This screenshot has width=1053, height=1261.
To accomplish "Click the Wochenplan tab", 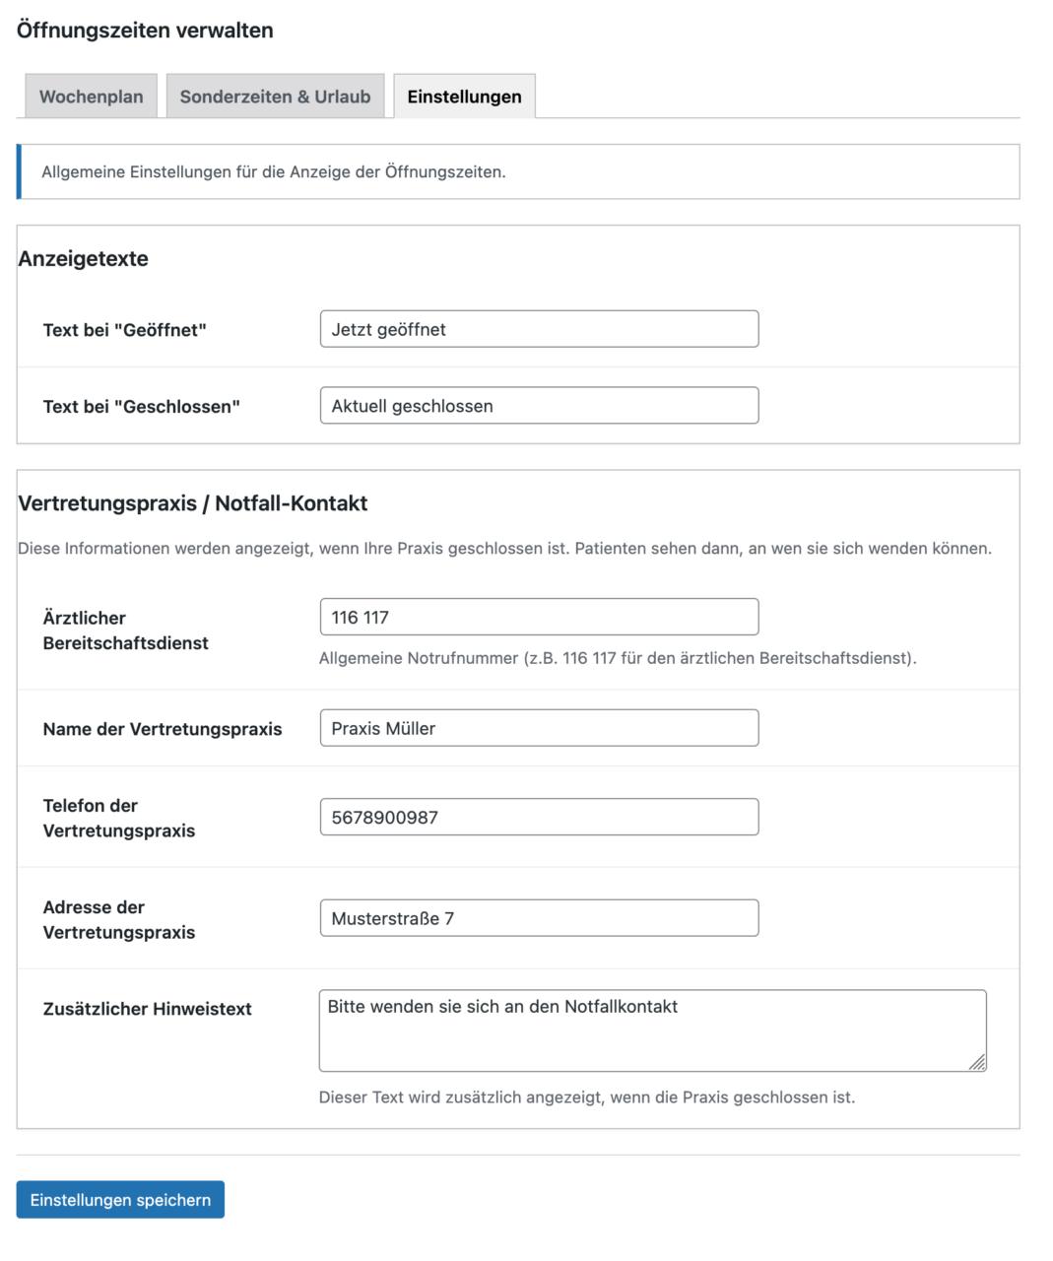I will click(x=91, y=97).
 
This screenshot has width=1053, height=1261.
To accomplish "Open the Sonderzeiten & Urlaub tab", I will click(x=275, y=97).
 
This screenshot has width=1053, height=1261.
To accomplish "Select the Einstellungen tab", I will click(x=464, y=97).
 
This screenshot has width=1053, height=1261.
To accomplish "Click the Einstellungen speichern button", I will click(x=120, y=1200).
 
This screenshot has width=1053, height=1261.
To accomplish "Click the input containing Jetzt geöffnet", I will click(x=539, y=329).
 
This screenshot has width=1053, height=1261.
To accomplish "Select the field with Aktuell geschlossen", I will click(x=539, y=406).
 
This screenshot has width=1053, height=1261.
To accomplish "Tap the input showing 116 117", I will click(x=539, y=618).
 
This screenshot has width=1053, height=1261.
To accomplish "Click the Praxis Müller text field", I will click(x=539, y=728).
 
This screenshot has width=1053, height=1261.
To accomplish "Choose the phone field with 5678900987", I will click(x=539, y=818).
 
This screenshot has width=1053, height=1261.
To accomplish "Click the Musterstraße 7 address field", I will click(x=539, y=918).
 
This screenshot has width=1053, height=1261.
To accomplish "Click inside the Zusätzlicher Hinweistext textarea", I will click(x=652, y=1031).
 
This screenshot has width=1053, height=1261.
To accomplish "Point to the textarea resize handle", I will click(x=978, y=1063).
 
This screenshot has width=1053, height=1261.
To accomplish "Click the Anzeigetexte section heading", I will click(x=84, y=259).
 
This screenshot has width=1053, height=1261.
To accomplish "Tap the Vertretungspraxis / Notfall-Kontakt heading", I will click(x=193, y=503).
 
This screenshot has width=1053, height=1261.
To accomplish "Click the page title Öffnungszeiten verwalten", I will click(x=145, y=31).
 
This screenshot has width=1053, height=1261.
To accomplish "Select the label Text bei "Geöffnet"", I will click(x=125, y=330).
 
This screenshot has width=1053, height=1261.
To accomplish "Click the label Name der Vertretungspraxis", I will click(x=163, y=729).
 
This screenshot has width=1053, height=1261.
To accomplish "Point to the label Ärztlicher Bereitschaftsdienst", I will click(x=125, y=630).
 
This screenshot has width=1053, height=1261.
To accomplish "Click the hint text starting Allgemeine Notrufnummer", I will click(x=618, y=658).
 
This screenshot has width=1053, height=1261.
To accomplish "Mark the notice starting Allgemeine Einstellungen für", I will click(x=274, y=172).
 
